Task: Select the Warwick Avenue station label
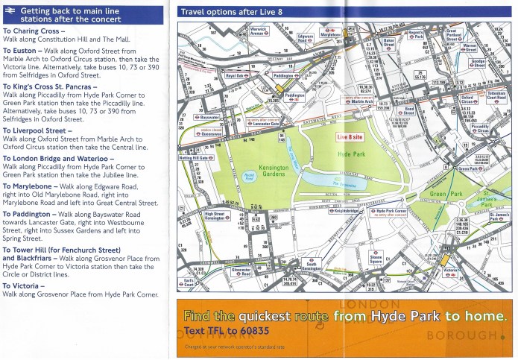(x=258, y=32)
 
